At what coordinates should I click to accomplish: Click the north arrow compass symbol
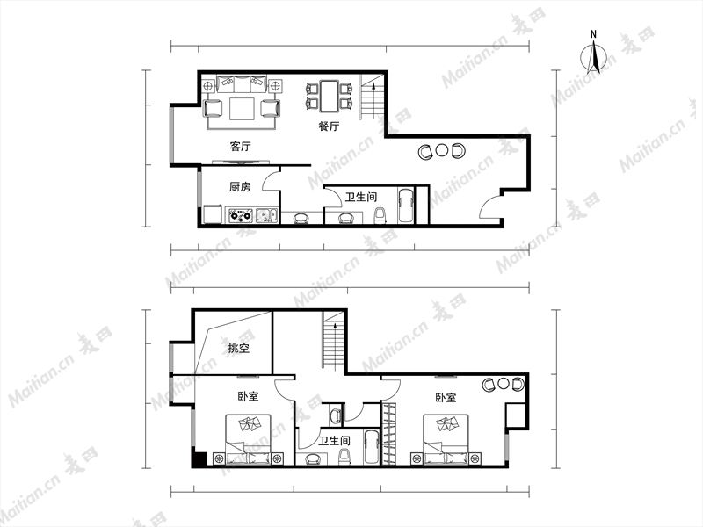point(594,57)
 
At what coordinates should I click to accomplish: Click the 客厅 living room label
point(240,146)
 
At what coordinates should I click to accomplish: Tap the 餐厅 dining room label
point(329,126)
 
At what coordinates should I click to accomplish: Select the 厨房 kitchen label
point(240,186)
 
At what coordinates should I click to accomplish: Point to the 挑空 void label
point(238,348)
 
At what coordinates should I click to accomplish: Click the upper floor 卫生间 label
point(335,441)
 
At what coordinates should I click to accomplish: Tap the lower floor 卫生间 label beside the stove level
point(361,197)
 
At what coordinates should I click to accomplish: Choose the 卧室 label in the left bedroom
point(248,396)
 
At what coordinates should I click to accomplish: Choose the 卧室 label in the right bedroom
point(446,398)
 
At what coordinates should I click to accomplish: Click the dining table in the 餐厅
point(329,96)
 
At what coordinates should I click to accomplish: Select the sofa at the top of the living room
point(242,83)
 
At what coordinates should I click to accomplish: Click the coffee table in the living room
point(242,109)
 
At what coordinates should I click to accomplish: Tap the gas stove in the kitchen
point(241,215)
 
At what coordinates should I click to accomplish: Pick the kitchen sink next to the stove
point(266,216)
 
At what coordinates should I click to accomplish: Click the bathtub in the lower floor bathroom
point(406,206)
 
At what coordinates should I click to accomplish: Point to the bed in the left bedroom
point(249,439)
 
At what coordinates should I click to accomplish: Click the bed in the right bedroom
point(446,439)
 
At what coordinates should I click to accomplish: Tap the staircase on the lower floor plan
point(371,97)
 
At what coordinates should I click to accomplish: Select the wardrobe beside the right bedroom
point(388,434)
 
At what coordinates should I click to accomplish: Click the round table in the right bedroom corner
point(503,384)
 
